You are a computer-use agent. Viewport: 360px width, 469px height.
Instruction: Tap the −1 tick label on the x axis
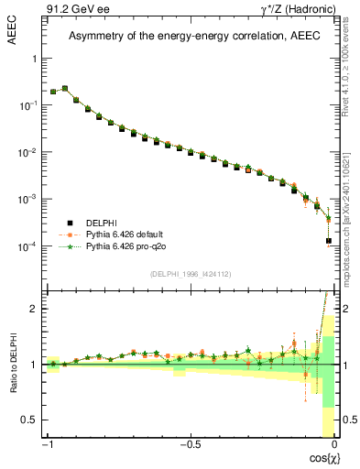coord(49,445)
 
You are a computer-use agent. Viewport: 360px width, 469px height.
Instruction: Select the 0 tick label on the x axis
coord(334,445)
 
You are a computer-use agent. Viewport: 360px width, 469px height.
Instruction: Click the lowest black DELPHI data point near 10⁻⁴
coord(329,241)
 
